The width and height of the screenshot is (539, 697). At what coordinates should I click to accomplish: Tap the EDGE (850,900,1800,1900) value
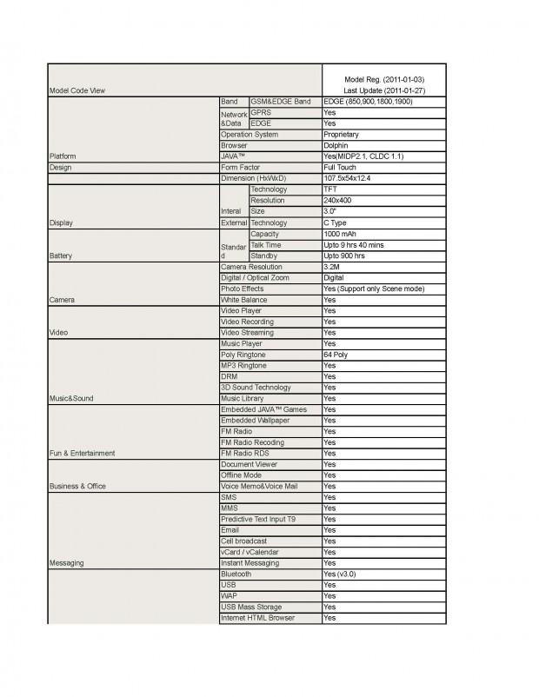pyautogui.click(x=368, y=102)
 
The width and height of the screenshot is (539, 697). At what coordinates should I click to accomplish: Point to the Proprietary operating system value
pyautogui.click(x=341, y=135)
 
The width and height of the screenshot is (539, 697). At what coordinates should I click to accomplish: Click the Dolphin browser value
pyautogui.click(x=336, y=146)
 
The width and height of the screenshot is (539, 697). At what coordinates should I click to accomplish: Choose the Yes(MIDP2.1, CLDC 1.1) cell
pyautogui.click(x=363, y=156)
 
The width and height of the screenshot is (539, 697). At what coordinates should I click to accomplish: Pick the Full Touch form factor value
pyautogui.click(x=340, y=167)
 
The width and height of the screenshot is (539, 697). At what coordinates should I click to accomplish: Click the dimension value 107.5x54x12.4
pyautogui.click(x=346, y=178)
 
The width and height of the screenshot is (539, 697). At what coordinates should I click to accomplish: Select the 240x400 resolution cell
pyautogui.click(x=337, y=201)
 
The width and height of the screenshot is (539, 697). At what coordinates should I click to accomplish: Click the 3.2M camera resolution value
pyautogui.click(x=332, y=267)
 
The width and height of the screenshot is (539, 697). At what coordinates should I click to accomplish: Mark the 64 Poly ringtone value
pyautogui.click(x=336, y=355)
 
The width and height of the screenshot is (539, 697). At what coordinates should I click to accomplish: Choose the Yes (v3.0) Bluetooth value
pyautogui.click(x=340, y=574)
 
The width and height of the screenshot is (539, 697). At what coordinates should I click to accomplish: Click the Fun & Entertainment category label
pyautogui.click(x=82, y=454)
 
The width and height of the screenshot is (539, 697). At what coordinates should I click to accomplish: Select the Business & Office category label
pyautogui.click(x=78, y=487)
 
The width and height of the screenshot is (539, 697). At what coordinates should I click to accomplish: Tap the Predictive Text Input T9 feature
pyautogui.click(x=258, y=519)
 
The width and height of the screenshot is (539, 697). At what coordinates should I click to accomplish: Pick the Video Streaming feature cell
pyautogui.click(x=247, y=333)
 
